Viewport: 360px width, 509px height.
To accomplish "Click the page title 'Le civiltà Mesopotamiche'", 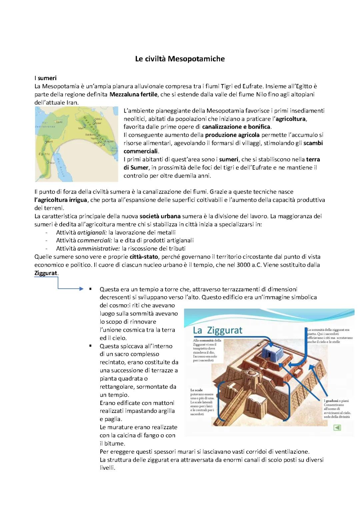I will [x=180, y=59].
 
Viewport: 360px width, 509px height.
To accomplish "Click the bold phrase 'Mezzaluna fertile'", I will [x=133, y=94].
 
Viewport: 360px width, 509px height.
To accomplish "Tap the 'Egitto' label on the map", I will [x=44, y=154].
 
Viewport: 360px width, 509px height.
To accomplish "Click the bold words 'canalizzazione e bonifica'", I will [x=236, y=127].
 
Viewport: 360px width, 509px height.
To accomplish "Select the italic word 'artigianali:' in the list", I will [x=92, y=232].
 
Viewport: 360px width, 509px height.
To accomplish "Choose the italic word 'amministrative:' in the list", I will [x=99, y=248].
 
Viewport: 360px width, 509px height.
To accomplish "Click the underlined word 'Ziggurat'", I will [x=46, y=273].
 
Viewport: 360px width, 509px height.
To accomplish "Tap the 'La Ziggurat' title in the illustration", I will [x=218, y=330].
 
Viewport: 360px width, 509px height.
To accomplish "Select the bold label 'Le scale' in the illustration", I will [x=197, y=390].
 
